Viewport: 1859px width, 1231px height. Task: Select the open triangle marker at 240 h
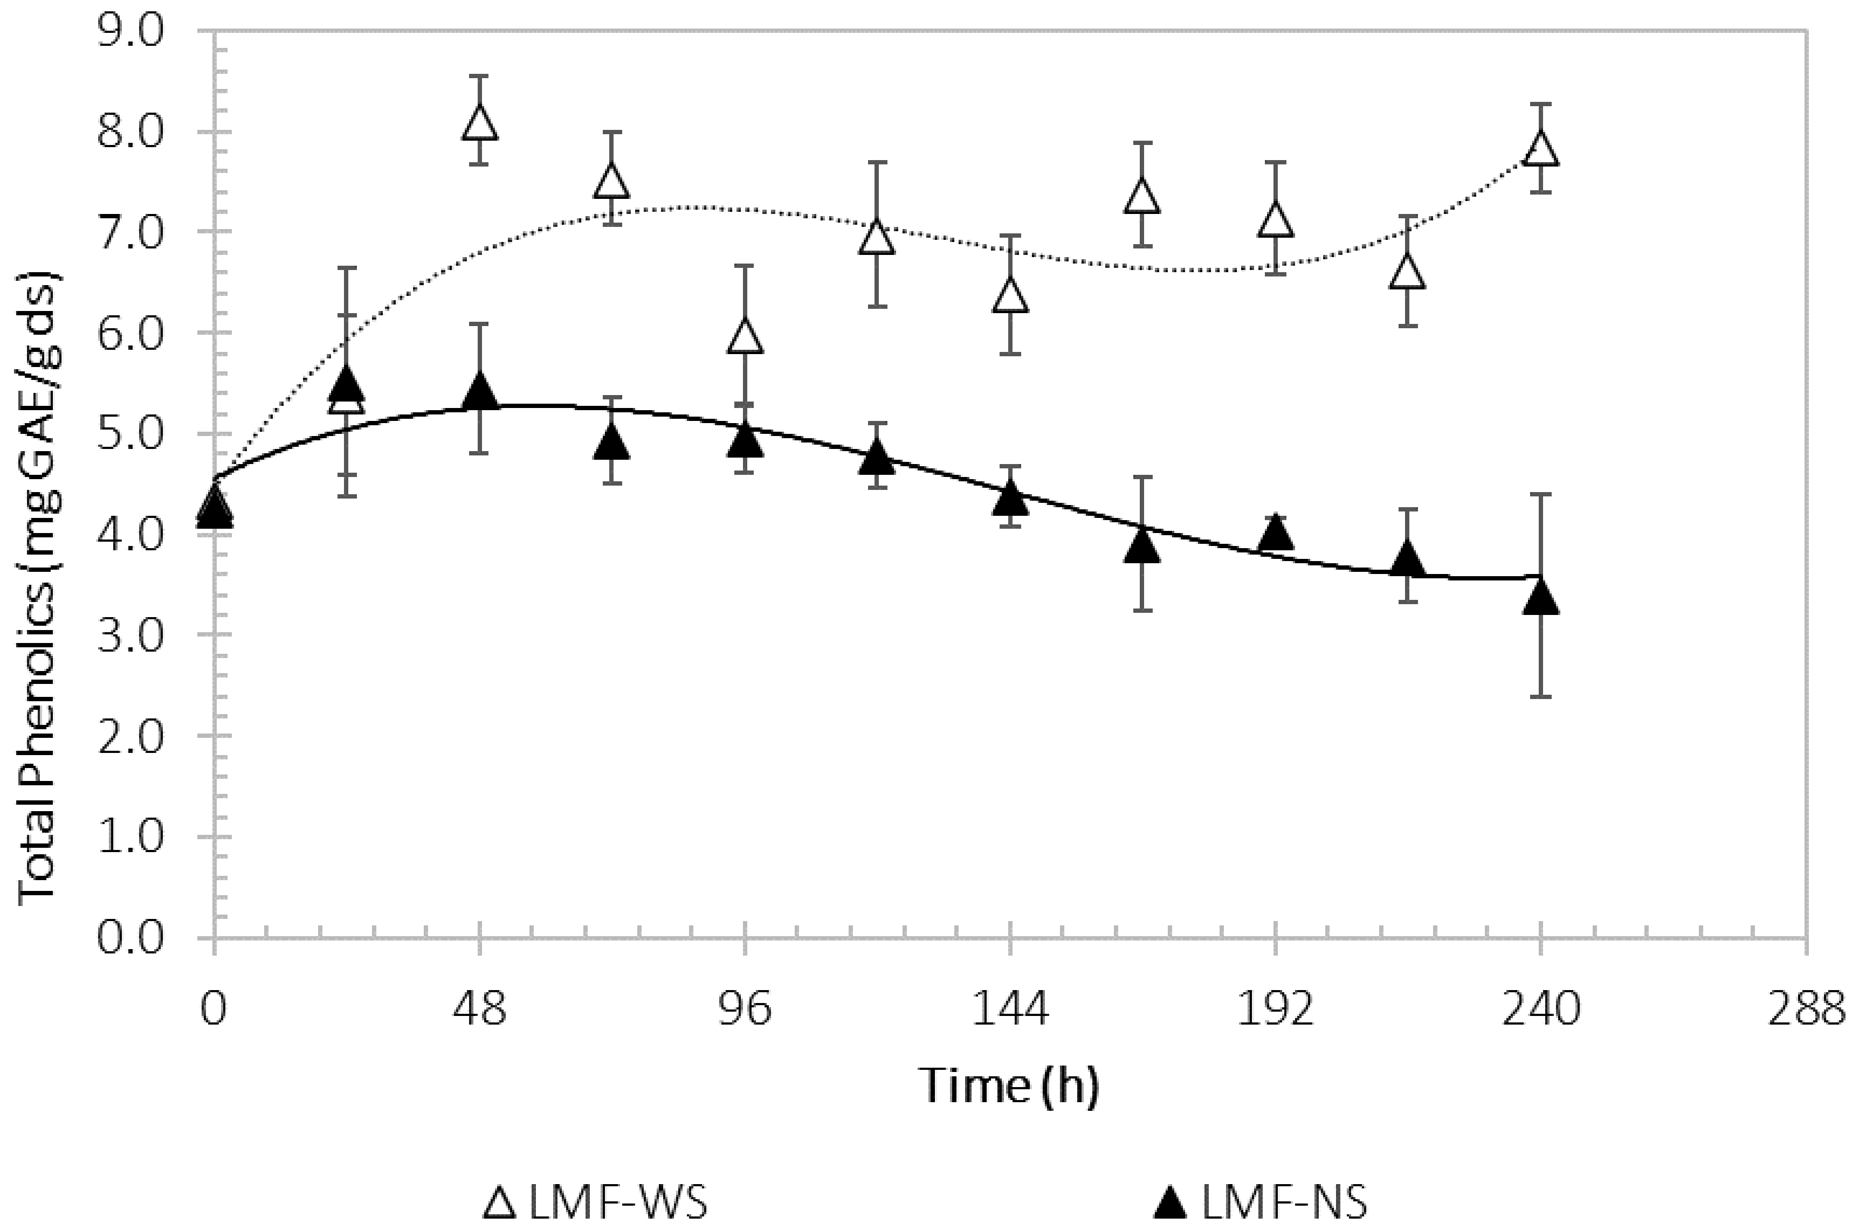click(x=1541, y=148)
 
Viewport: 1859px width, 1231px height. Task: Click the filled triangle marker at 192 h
click(x=1276, y=534)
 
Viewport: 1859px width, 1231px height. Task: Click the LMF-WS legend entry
click(x=597, y=1203)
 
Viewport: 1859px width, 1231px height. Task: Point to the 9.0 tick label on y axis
click(x=129, y=31)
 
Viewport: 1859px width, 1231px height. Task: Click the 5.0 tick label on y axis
click(x=129, y=433)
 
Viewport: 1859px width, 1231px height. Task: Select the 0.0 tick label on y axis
click(x=129, y=937)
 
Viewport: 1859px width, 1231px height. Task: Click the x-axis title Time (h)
click(x=1009, y=1087)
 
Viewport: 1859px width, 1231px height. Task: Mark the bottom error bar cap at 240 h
click(x=1541, y=696)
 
